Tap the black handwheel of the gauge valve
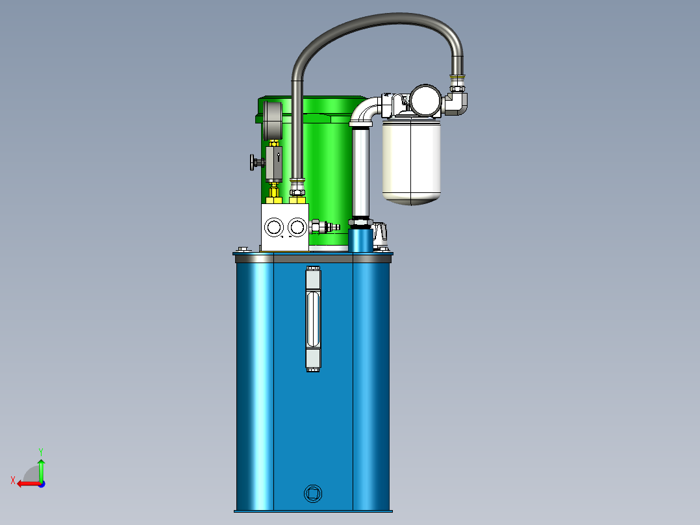(253, 162)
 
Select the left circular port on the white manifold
(274, 227)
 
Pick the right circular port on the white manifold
(297, 227)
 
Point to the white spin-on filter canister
(412, 160)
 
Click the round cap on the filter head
(425, 100)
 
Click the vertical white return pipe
(360, 172)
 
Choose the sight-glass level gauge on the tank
(312, 318)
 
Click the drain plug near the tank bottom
(312, 493)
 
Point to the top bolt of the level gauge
(312, 268)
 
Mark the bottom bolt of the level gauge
(312, 370)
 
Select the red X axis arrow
(25, 483)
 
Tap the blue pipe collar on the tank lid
(361, 240)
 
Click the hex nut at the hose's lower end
(297, 191)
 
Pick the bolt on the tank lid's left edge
(244, 248)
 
